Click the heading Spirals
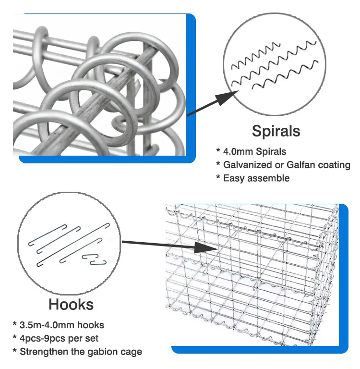click(276, 131)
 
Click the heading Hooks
click(71, 304)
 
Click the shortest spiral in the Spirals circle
click(254, 52)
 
